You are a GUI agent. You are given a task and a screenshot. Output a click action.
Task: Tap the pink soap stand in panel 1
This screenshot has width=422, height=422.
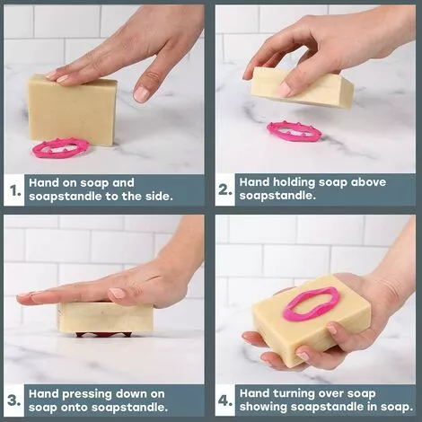(60, 146)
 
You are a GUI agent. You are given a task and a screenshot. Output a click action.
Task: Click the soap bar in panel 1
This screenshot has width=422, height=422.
(72, 110)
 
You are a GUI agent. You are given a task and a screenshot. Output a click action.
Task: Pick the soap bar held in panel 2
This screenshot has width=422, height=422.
(301, 88)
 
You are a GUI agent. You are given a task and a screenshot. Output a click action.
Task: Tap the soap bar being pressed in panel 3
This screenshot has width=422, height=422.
(106, 317)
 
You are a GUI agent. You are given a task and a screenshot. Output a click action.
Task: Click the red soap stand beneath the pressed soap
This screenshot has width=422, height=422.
(102, 334)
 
